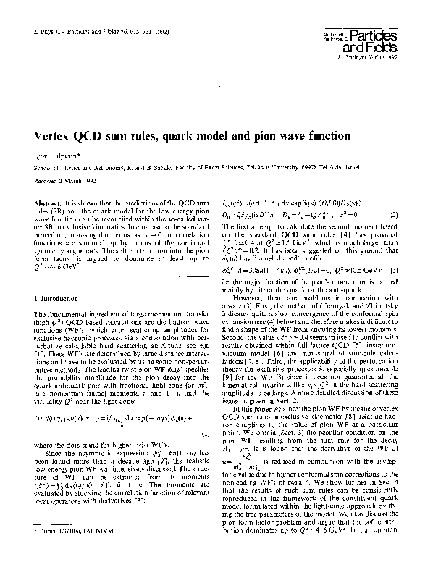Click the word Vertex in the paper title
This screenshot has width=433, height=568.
click(x=55, y=135)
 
